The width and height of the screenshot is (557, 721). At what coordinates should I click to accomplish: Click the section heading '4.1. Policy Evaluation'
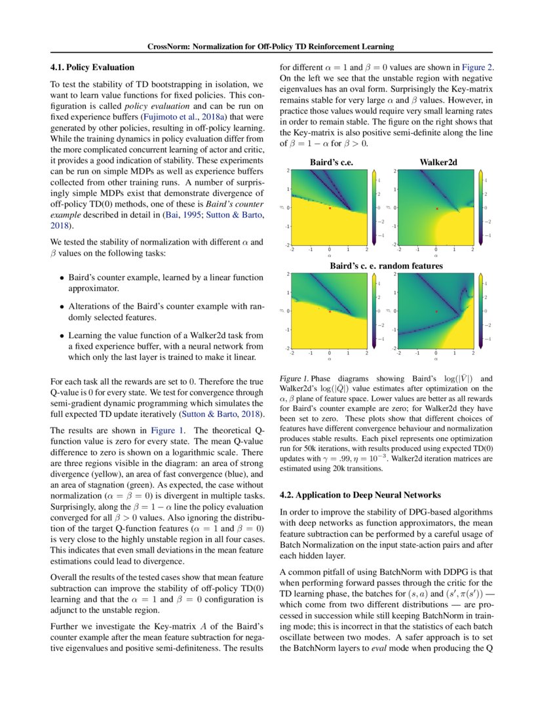click(92, 67)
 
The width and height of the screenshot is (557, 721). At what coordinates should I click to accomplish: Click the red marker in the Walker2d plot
click(436, 208)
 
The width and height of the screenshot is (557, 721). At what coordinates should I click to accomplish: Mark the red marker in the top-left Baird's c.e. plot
click(330, 208)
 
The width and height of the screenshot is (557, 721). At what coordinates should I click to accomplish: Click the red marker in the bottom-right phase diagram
click(436, 311)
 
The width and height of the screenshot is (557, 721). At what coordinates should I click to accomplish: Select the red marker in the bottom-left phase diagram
click(330, 311)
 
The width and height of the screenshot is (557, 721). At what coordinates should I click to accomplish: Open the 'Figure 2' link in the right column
click(476, 67)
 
